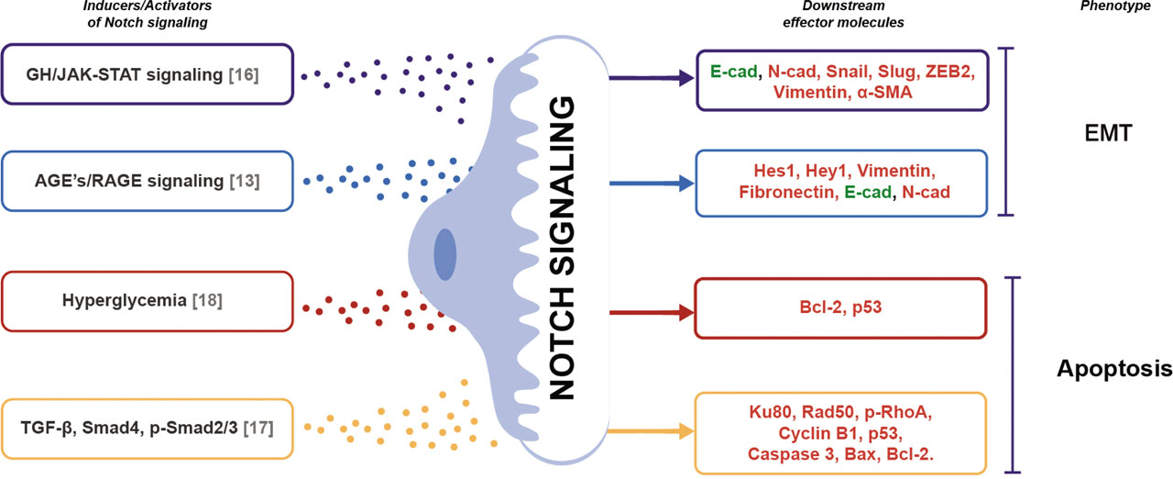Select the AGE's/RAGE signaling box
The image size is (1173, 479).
[148, 181]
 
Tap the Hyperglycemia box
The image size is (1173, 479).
[148, 301]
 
